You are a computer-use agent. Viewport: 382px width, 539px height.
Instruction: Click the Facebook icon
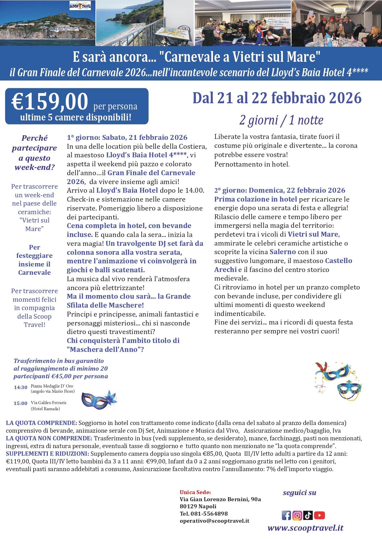pos(286,515)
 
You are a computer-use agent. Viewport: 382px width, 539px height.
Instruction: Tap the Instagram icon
pos(297,515)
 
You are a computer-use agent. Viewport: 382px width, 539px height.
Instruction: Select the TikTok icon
pos(308,515)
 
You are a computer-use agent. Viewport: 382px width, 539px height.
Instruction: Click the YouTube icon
pos(320,515)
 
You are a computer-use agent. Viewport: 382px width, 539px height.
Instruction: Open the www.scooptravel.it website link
pos(305,528)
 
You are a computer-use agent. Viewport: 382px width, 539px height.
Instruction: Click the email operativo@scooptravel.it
pos(215,521)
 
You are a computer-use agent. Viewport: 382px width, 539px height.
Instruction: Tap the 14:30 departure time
pos(21,388)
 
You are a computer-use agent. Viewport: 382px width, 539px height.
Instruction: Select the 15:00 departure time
pos(21,403)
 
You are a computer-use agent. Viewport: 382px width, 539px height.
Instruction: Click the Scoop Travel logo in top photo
pos(80,6)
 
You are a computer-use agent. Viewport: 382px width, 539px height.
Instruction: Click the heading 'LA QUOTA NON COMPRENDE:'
pos(49,438)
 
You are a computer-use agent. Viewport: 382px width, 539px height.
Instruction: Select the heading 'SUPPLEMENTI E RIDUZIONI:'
pos(47,454)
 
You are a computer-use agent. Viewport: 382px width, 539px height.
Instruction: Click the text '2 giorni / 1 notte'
pos(281,120)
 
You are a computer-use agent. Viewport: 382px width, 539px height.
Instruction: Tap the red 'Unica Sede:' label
pos(195,492)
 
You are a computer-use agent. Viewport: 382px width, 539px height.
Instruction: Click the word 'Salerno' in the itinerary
pos(283,252)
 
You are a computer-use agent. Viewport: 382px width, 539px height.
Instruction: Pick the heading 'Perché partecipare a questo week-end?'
pos(34,152)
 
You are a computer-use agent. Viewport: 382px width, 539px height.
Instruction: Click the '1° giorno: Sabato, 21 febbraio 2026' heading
pos(127,137)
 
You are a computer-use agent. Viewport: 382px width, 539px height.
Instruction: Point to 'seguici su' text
pos(300,493)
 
